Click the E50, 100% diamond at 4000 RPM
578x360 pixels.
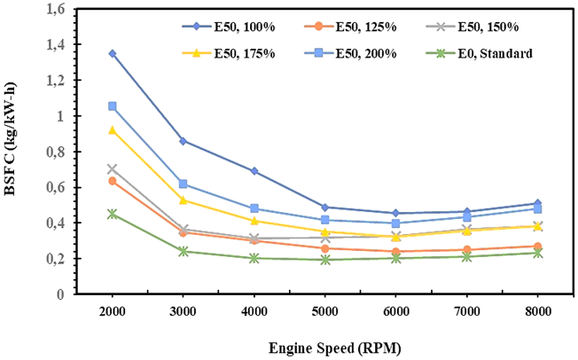254,171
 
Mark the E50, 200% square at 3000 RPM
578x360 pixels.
183,184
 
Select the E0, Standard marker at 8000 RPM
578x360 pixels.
537,253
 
